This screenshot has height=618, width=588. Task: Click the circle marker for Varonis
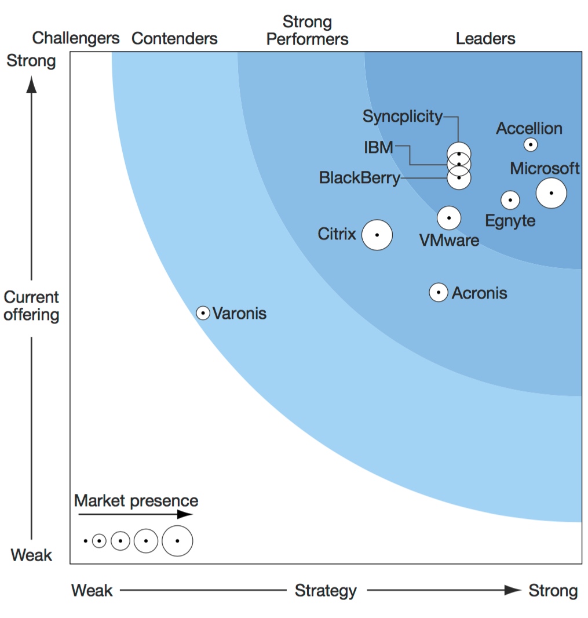[x=203, y=313]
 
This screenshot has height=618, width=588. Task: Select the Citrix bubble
[x=377, y=235]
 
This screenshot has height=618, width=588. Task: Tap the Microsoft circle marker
[x=551, y=193]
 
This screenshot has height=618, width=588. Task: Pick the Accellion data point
[x=531, y=145]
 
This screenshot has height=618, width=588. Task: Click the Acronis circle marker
[x=439, y=292]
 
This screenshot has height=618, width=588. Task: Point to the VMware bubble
[x=449, y=218]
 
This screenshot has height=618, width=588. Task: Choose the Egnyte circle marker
[x=510, y=200]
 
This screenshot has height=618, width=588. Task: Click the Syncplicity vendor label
[x=402, y=117]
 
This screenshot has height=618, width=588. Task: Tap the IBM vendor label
[x=378, y=147]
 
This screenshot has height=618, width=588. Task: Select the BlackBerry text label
[x=360, y=178]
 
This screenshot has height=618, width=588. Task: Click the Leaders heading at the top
[x=485, y=39]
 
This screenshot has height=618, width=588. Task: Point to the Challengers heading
[x=76, y=38]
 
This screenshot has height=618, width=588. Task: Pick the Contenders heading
[x=174, y=39]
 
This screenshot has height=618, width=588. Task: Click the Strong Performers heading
[x=307, y=30]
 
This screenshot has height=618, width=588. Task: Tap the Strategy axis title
[x=326, y=590]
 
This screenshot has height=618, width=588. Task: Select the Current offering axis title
[x=31, y=306]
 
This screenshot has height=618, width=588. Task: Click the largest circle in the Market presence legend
[x=177, y=541]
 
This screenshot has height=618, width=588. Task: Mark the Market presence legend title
[x=136, y=500]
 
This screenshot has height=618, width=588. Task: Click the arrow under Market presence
[x=136, y=514]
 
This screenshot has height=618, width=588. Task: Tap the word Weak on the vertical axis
[x=31, y=555]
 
